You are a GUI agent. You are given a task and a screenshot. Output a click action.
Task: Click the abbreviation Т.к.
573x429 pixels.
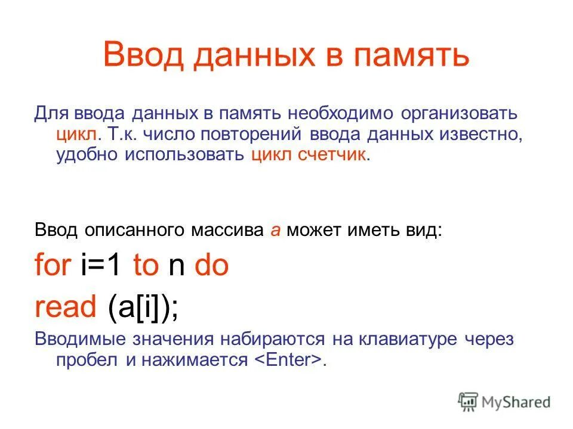pyautogui.click(x=124, y=134)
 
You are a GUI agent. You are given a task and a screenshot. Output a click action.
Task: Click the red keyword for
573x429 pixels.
pyautogui.click(x=53, y=266)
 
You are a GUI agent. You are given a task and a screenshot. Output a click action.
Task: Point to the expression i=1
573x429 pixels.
pyautogui.click(x=103, y=266)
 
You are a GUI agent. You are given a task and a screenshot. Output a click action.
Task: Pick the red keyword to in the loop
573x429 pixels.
pyautogui.click(x=146, y=266)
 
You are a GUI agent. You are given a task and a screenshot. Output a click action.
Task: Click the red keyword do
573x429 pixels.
pyautogui.click(x=212, y=266)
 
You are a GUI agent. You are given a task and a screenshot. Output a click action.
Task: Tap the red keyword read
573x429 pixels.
pyautogui.click(x=65, y=307)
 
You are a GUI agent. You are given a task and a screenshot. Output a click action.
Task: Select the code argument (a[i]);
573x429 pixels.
pyautogui.click(x=143, y=307)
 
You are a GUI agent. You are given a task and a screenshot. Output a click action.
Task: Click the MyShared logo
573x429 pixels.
pyautogui.click(x=504, y=402)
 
